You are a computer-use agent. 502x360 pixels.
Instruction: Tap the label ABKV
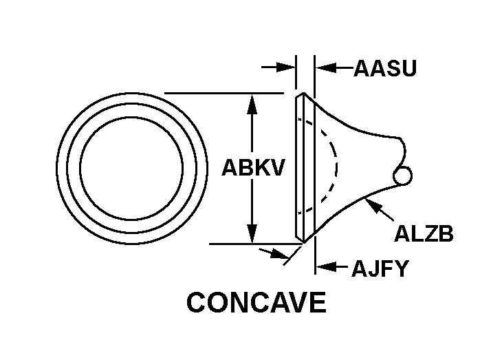click(253, 169)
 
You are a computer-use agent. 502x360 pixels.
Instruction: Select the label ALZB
click(424, 234)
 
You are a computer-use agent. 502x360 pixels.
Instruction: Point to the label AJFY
click(380, 267)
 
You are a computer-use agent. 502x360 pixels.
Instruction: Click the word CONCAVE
click(257, 303)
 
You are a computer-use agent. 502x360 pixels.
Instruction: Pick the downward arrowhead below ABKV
click(253, 234)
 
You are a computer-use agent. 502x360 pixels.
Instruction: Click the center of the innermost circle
click(132, 168)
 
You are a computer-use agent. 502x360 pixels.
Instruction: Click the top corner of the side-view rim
click(301, 93)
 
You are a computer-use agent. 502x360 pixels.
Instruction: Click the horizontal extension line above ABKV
click(223, 93)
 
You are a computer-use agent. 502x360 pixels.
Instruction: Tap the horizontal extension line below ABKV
click(248, 244)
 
